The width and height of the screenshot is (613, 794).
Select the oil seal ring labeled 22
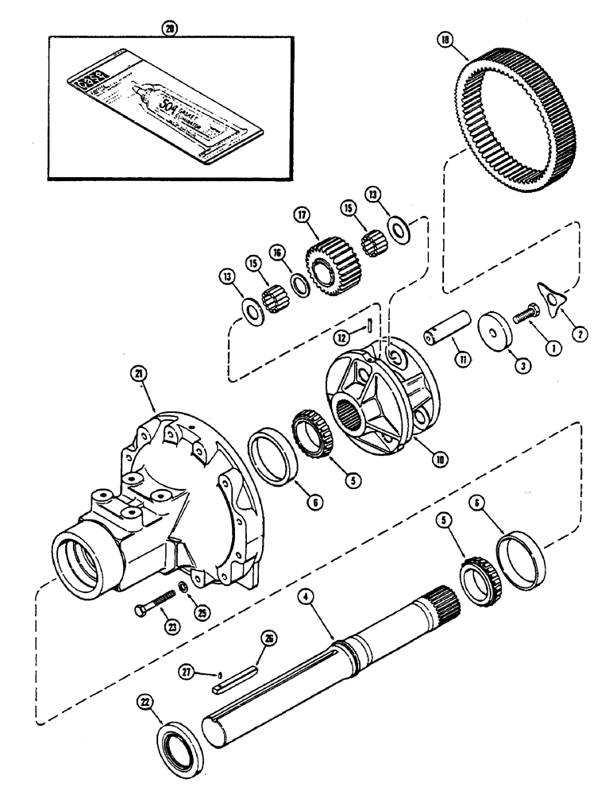point(172,729)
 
